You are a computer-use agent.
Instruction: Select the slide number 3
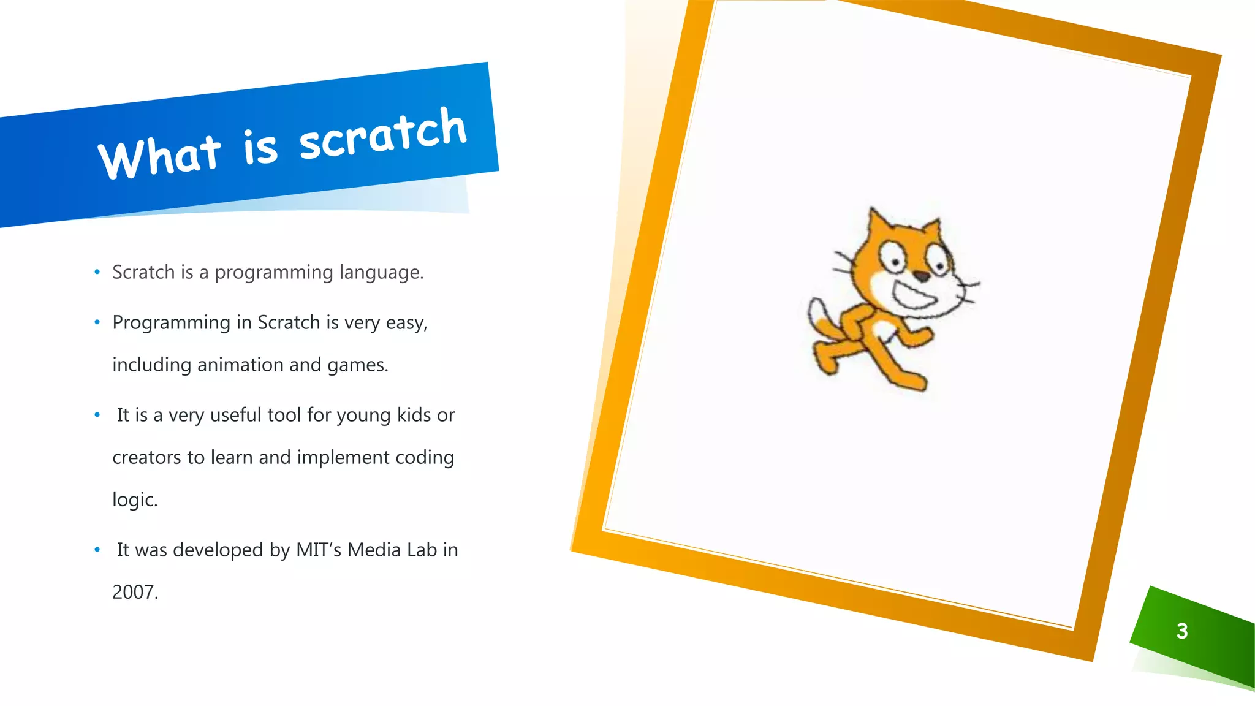click(x=1182, y=631)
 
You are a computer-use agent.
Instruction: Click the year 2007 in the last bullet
click(x=135, y=592)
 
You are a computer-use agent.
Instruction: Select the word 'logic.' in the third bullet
click(x=135, y=499)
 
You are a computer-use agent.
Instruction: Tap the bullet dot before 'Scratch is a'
click(x=97, y=272)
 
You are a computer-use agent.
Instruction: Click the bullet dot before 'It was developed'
click(x=97, y=550)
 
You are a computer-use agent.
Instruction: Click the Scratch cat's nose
click(x=921, y=276)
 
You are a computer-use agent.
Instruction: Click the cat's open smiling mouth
click(x=913, y=297)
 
